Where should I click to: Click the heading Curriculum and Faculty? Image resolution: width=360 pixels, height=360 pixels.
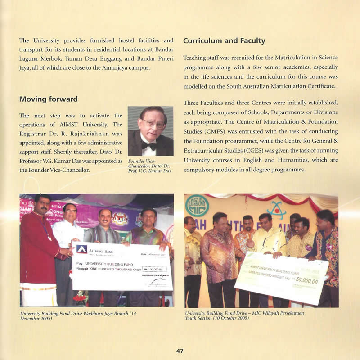(x=224, y=41)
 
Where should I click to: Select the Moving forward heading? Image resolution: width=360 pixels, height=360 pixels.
(x=49, y=99)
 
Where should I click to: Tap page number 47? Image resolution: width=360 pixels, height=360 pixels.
(x=180, y=351)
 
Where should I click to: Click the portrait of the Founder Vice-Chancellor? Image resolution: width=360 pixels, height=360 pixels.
(x=150, y=130)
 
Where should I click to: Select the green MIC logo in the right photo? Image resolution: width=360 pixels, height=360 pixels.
(x=197, y=206)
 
